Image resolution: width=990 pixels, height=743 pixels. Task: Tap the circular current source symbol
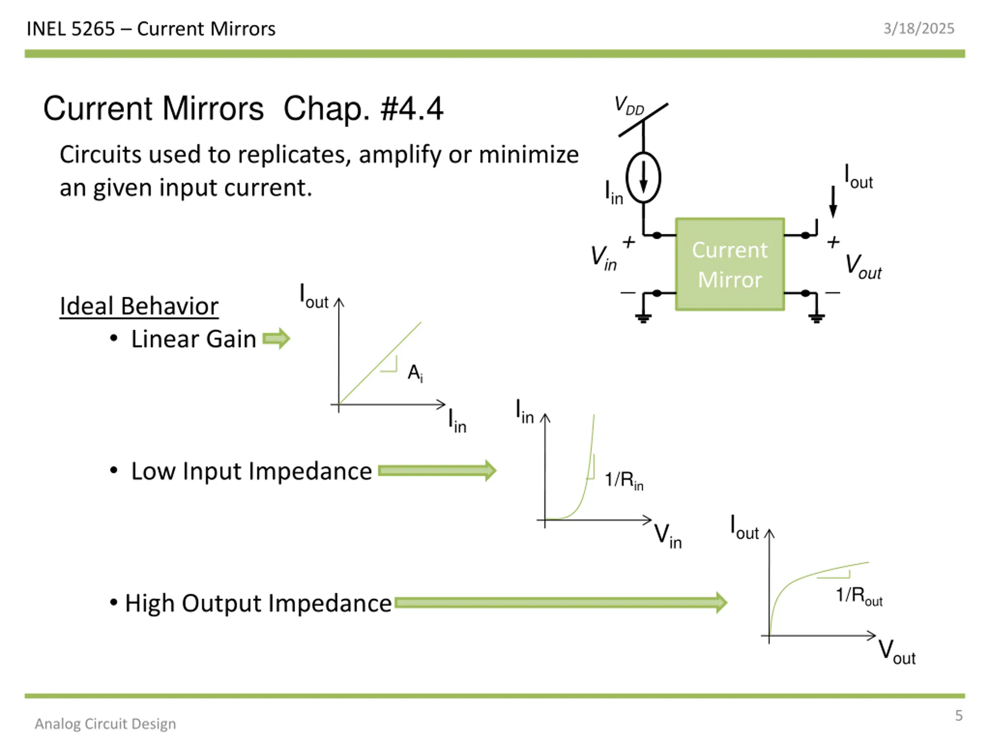click(x=643, y=178)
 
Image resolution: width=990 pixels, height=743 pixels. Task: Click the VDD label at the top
click(x=629, y=106)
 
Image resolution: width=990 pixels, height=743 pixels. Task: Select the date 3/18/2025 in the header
click(x=918, y=29)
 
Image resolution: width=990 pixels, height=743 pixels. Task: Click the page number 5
click(x=959, y=715)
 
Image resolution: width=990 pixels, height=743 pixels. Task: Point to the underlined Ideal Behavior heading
click(x=139, y=306)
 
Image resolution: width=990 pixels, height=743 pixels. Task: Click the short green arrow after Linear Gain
click(x=276, y=339)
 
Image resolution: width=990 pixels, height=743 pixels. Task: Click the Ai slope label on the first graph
click(x=415, y=373)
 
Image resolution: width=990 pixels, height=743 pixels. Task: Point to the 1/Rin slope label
click(x=624, y=480)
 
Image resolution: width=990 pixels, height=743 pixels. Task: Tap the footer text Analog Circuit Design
click(x=106, y=724)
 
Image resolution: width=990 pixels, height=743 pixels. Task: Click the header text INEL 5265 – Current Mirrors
click(x=151, y=29)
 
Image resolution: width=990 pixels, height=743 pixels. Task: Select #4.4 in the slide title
click(x=412, y=109)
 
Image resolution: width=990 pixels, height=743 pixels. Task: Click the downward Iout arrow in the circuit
click(x=833, y=202)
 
